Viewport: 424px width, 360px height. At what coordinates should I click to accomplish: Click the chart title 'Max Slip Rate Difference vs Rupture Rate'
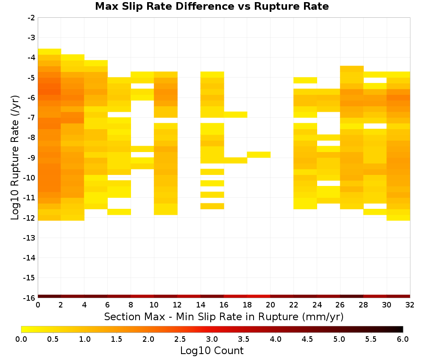pos(212,6)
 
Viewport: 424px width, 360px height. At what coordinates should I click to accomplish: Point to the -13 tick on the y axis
pos(31,238)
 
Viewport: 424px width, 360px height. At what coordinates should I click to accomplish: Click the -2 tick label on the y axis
pos(31,18)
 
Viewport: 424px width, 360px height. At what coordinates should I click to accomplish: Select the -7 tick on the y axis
pos(31,118)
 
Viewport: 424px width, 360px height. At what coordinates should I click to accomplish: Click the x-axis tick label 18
pos(247,305)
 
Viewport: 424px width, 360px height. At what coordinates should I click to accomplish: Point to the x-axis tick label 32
pos(410,305)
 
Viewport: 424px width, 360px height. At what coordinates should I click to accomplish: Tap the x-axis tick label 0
pos(38,305)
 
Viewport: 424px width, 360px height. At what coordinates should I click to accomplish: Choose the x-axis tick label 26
pos(340,305)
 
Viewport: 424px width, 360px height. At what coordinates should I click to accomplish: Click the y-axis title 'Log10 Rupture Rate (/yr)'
pos(15,158)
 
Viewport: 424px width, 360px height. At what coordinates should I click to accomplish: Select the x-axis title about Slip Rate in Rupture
pos(224,316)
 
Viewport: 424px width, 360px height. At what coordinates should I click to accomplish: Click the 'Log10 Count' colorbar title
pos(212,351)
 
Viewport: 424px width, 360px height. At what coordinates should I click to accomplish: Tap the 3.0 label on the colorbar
pos(212,339)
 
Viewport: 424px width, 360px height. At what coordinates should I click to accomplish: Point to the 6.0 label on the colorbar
pos(403,339)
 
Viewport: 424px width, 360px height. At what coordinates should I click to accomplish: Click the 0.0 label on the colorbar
pos(21,339)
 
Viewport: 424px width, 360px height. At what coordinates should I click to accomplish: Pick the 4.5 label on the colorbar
pos(307,339)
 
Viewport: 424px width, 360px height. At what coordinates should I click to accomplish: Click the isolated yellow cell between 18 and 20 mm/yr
pos(259,155)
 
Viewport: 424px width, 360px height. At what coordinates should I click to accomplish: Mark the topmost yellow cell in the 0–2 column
pos(50,52)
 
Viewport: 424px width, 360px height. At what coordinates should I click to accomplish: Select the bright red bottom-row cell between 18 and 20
pos(259,296)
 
